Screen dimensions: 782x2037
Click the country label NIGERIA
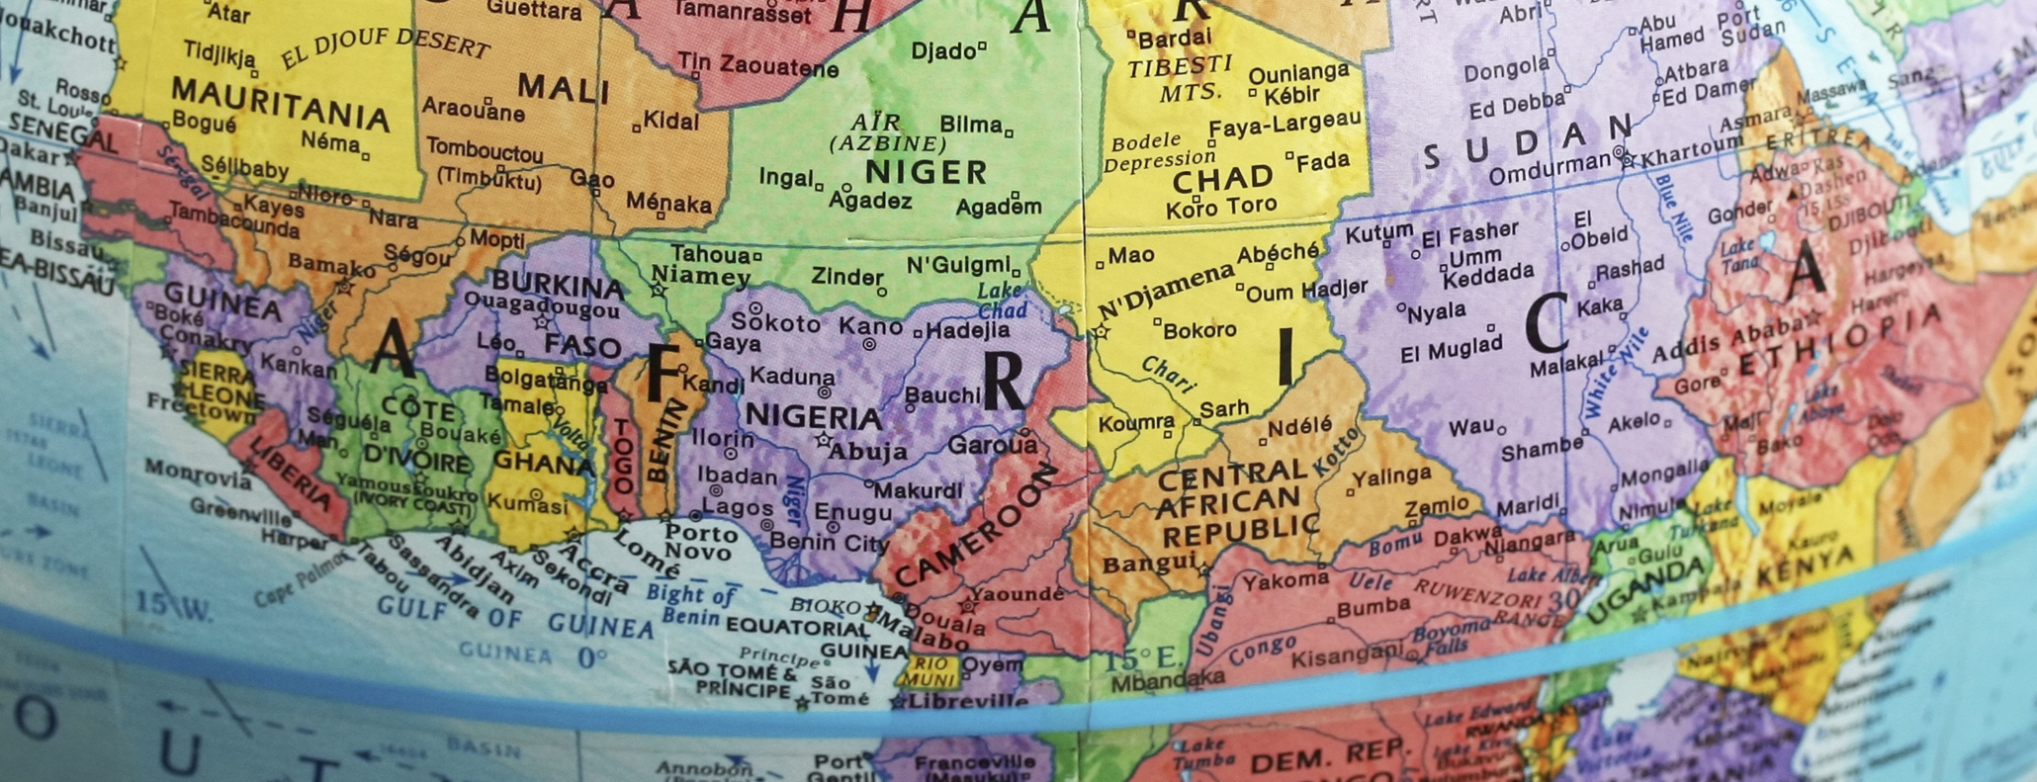pos(813,415)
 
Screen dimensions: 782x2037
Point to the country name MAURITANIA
pos(280,104)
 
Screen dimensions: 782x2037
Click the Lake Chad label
pos(1002,301)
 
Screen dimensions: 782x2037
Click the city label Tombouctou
pos(485,151)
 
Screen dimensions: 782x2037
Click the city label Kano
pos(870,326)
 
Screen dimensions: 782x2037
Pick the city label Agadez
pos(870,201)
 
